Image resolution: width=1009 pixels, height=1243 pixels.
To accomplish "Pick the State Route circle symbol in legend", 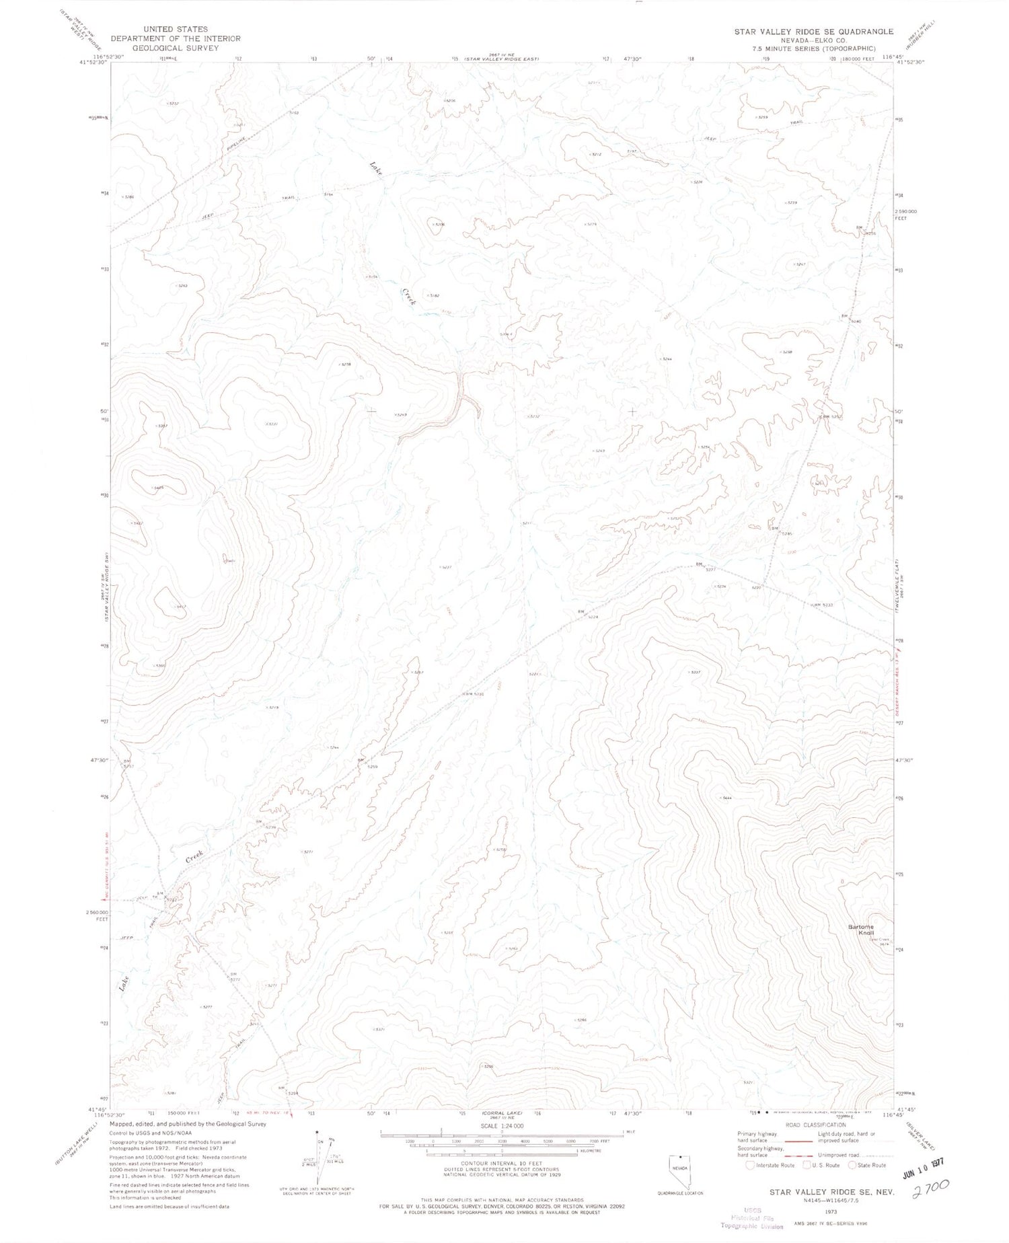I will [x=852, y=1165].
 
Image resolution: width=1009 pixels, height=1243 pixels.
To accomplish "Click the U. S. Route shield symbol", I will [x=807, y=1165].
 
